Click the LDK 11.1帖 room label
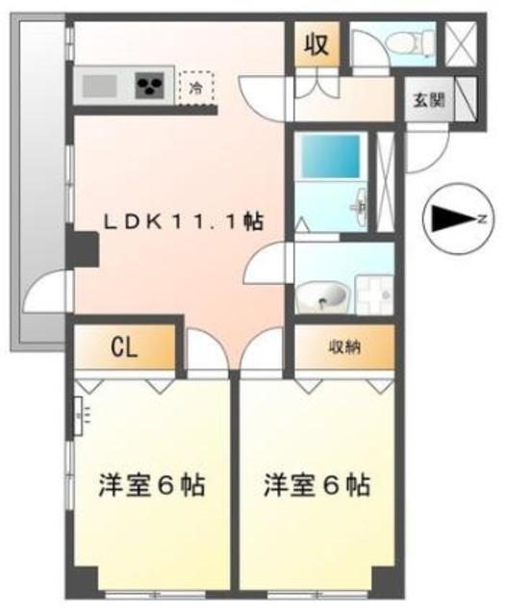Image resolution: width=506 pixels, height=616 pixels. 184,221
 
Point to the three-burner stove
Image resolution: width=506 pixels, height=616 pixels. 152,88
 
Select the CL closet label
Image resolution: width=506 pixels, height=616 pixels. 123,347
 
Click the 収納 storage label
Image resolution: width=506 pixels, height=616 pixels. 342,347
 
